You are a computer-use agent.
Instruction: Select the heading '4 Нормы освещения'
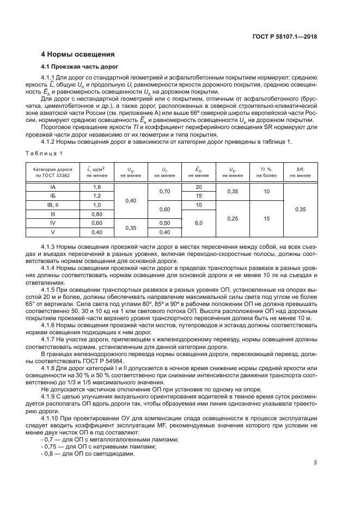[x=78, y=54]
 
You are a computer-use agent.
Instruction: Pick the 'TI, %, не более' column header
[x=267, y=173]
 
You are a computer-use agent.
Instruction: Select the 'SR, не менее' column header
[x=300, y=173]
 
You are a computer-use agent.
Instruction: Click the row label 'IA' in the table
[x=52, y=187]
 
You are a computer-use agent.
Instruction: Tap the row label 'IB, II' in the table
[x=52, y=205]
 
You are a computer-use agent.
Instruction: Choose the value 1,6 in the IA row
[x=97, y=187]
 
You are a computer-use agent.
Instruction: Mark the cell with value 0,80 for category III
[x=97, y=214]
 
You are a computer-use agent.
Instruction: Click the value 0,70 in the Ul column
[x=164, y=191]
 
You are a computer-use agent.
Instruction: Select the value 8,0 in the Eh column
[x=199, y=223]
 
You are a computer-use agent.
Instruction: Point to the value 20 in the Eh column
[x=199, y=187]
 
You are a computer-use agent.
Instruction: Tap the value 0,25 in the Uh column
[x=233, y=218]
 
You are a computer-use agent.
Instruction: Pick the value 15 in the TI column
[x=267, y=218]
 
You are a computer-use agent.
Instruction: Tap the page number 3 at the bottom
[x=315, y=463]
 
